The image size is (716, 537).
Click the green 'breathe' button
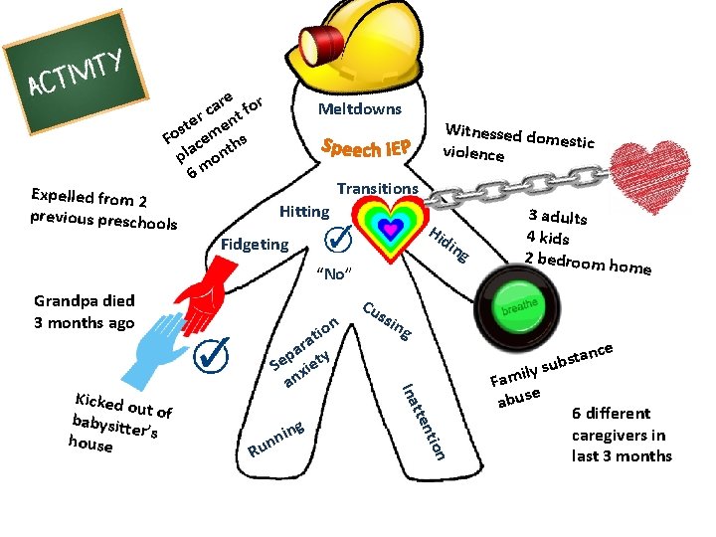tap(514, 303)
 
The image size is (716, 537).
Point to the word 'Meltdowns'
tap(360, 108)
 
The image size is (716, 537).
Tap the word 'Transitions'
tap(377, 188)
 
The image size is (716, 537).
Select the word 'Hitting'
tap(303, 211)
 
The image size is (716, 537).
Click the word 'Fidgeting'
tap(256, 244)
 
